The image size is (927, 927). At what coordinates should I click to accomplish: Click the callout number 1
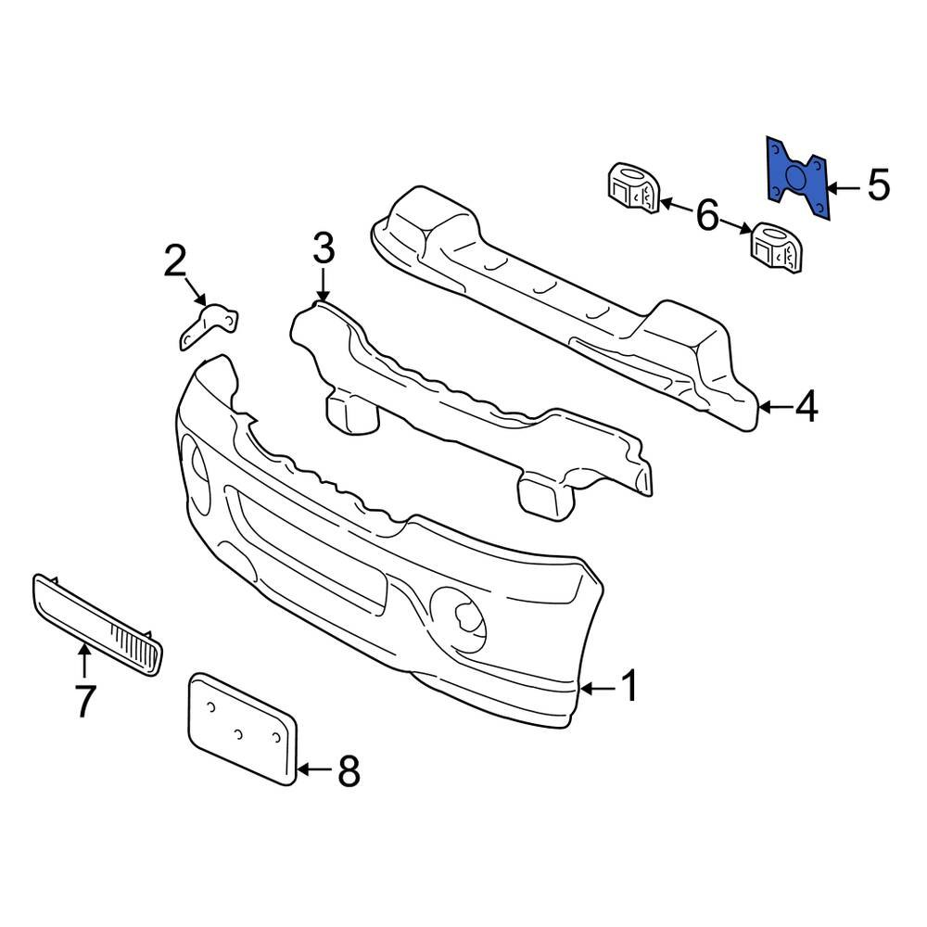pyautogui.click(x=629, y=688)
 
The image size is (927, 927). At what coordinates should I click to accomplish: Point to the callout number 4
pyautogui.click(x=807, y=406)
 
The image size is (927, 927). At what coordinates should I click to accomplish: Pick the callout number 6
pyautogui.click(x=706, y=216)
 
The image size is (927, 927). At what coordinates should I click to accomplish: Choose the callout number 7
pyautogui.click(x=83, y=701)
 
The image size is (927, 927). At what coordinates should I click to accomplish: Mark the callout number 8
pyautogui.click(x=348, y=770)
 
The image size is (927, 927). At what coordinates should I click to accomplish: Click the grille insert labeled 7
pyautogui.click(x=97, y=622)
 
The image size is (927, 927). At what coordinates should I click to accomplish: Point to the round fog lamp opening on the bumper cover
pyautogui.click(x=459, y=615)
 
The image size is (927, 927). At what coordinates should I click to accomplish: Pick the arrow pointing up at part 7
pyautogui.click(x=84, y=660)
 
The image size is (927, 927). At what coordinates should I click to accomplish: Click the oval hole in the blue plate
pyautogui.click(x=796, y=179)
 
